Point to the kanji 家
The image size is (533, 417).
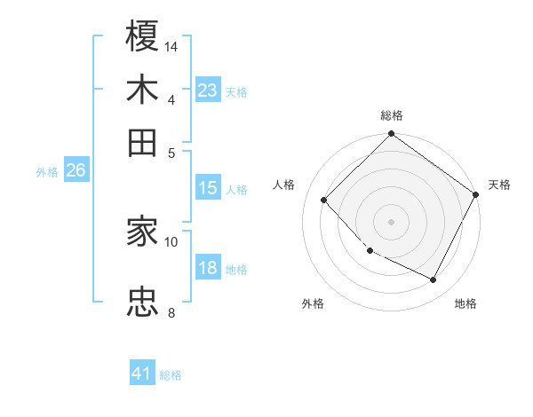(142, 232)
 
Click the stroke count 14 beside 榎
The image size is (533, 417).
(171, 45)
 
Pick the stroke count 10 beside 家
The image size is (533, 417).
(171, 240)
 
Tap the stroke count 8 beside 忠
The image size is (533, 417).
(171, 311)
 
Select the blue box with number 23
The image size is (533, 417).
(208, 90)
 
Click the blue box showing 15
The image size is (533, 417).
(208, 188)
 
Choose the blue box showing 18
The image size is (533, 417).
(208, 268)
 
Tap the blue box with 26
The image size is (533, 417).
(76, 170)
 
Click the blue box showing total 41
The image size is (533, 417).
(143, 374)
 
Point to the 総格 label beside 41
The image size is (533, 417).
(171, 375)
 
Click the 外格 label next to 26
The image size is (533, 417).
(47, 172)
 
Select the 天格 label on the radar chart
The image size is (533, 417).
(499, 185)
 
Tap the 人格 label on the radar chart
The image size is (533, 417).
(283, 185)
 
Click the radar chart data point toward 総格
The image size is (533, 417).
(391, 135)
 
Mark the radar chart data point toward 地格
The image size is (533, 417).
(434, 280)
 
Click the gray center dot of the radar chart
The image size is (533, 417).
(391, 221)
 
